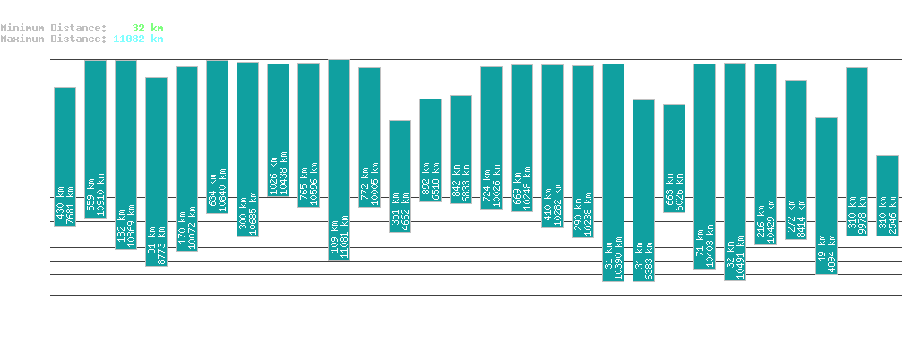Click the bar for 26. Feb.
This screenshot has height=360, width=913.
tap(339, 159)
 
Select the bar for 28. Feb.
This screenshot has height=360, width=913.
tap(400, 176)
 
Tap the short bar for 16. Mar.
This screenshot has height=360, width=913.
tap(887, 195)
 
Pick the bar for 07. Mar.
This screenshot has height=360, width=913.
tap(613, 173)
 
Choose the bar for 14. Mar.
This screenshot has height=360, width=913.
tap(826, 195)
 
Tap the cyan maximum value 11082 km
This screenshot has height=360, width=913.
tap(138, 39)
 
